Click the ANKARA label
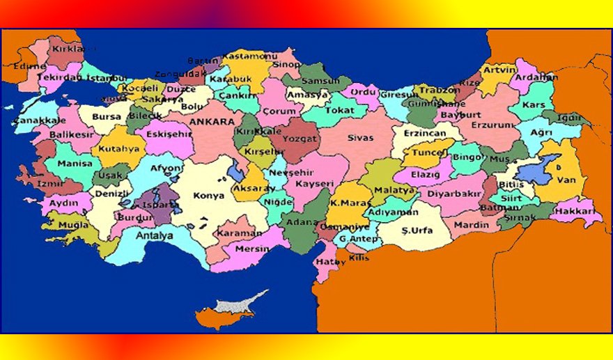pos(211,121)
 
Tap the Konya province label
pos(209,196)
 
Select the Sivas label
pos(360,138)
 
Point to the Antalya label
pos(154,235)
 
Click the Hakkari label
pos(576,210)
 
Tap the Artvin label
pos(499,70)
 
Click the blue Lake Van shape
pos(541,168)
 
